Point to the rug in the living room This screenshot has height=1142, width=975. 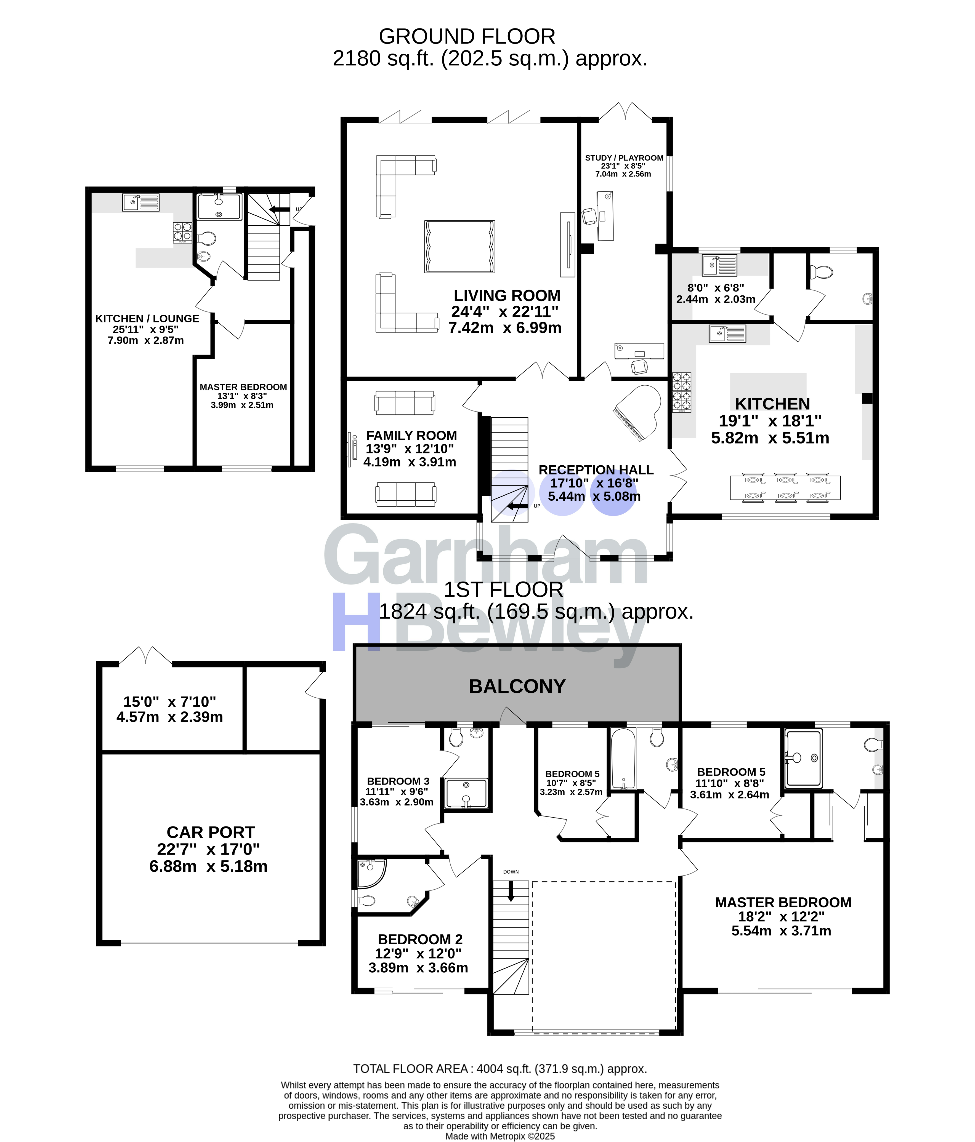pos(459,246)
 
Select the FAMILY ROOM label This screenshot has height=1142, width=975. pos(411,435)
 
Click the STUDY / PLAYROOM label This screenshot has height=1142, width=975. pos(624,158)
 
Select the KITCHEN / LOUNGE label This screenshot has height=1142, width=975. pos(147,319)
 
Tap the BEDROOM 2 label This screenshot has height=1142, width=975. pos(420,939)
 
